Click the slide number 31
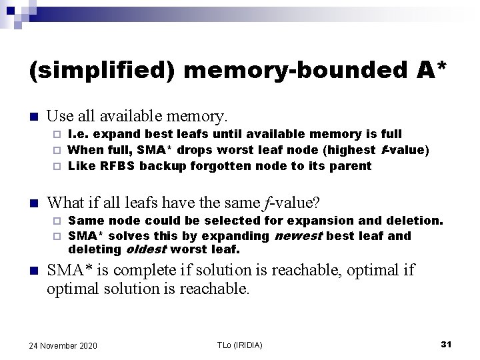[446, 344]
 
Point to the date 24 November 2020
[63, 345]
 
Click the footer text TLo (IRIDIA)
[240, 345]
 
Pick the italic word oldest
[145, 250]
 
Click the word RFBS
[117, 166]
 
